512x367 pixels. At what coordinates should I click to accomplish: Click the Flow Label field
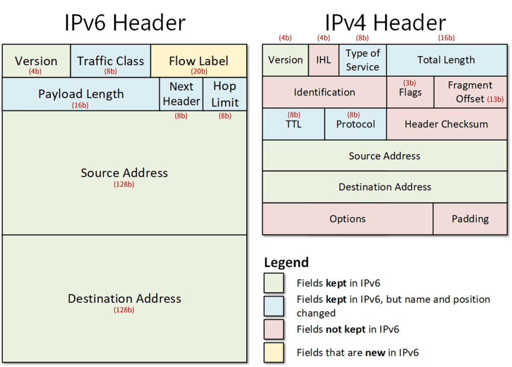tap(199, 61)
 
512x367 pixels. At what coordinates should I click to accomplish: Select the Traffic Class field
tap(111, 61)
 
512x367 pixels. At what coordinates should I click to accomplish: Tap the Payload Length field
tap(81, 94)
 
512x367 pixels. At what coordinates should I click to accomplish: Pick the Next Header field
tap(181, 94)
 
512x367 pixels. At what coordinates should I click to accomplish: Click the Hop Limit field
tap(225, 94)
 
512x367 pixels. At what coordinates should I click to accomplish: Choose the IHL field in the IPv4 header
tap(324, 60)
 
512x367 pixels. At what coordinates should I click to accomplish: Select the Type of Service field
tap(363, 60)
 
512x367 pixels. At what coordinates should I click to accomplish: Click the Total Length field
tap(446, 60)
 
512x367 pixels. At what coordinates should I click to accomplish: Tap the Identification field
tap(325, 92)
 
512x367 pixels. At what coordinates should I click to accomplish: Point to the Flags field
tap(411, 92)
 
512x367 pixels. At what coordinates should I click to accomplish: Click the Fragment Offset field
tap(471, 92)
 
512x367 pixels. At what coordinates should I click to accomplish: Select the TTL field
tap(293, 124)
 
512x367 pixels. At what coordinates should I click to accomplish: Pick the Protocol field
tap(356, 124)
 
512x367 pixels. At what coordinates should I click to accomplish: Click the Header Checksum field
tap(446, 124)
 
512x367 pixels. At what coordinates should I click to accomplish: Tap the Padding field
tap(470, 219)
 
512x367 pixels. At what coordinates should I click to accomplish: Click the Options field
tap(348, 219)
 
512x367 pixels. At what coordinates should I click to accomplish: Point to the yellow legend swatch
tap(273, 352)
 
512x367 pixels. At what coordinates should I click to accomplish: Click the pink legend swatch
tap(273, 329)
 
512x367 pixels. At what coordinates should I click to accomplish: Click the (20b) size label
tap(199, 71)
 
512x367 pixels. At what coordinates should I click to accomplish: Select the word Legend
tap(286, 262)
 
